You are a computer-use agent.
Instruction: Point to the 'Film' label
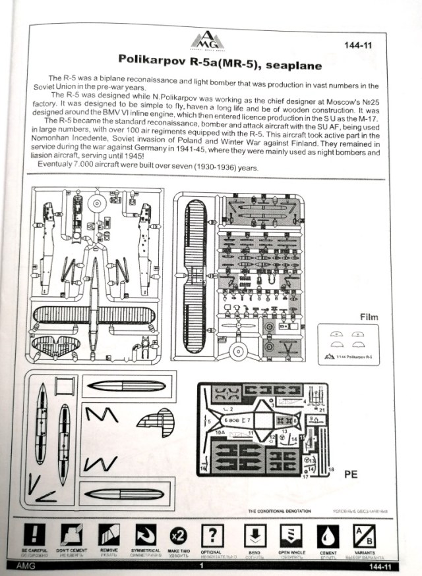369,317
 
